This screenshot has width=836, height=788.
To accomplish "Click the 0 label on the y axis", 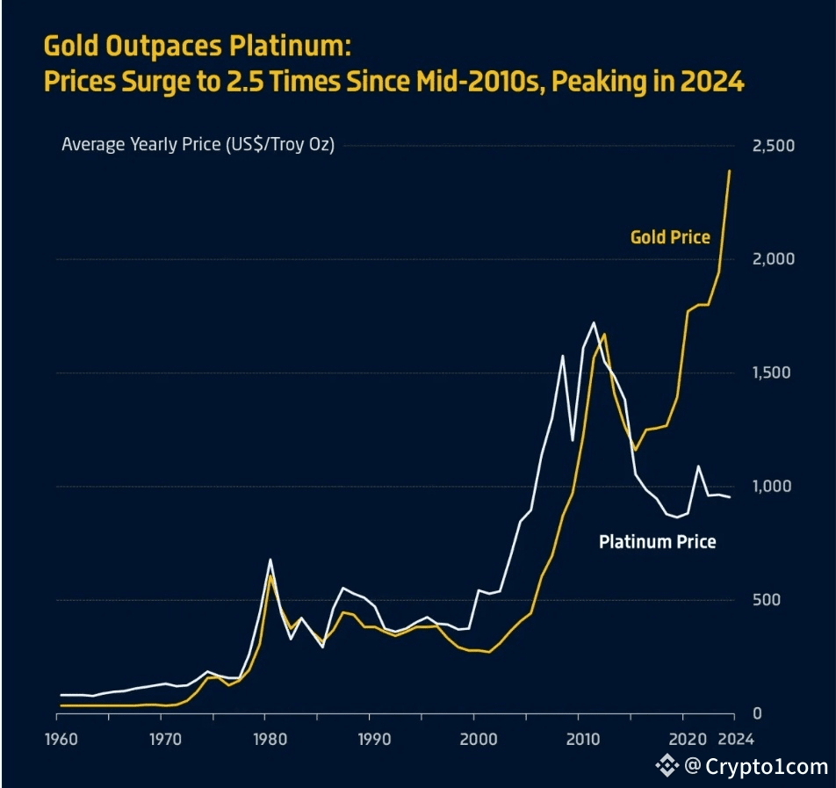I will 757,714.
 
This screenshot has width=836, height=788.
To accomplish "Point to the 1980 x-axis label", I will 266,739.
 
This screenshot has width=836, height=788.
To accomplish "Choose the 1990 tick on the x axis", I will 371,739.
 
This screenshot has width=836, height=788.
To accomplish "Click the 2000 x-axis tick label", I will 474,739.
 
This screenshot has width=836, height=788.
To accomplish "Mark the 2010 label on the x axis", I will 579,739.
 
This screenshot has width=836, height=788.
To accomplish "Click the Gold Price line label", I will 670,237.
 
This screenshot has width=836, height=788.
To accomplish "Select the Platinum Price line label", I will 657,542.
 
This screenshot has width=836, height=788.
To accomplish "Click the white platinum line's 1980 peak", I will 270,560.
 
